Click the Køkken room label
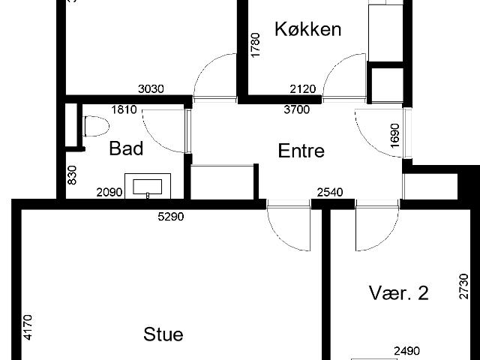(x=308, y=29)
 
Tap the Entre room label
(x=301, y=151)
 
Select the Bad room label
(x=126, y=148)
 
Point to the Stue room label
(x=163, y=334)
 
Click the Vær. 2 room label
(x=398, y=292)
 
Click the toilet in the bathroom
(x=97, y=126)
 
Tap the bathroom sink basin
(x=147, y=187)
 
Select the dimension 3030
(x=151, y=89)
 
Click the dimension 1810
(x=124, y=109)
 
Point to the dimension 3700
(x=297, y=109)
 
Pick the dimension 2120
(x=303, y=89)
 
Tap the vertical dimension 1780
(x=255, y=45)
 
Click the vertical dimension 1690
(x=395, y=135)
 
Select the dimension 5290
(x=171, y=217)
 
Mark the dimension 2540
(x=330, y=193)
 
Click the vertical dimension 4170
(x=28, y=327)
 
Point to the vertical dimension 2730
(x=463, y=286)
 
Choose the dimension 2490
(x=406, y=351)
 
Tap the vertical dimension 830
(x=72, y=175)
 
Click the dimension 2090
(x=109, y=193)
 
